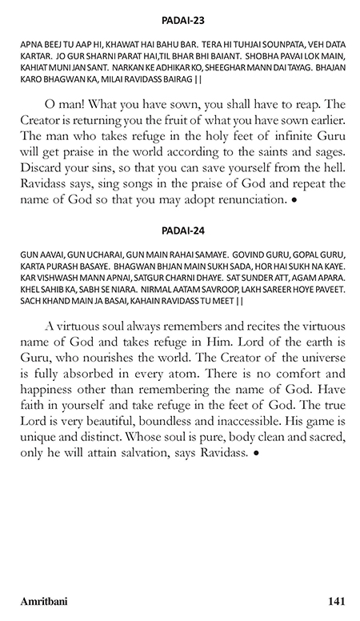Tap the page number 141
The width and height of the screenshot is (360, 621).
337,599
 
